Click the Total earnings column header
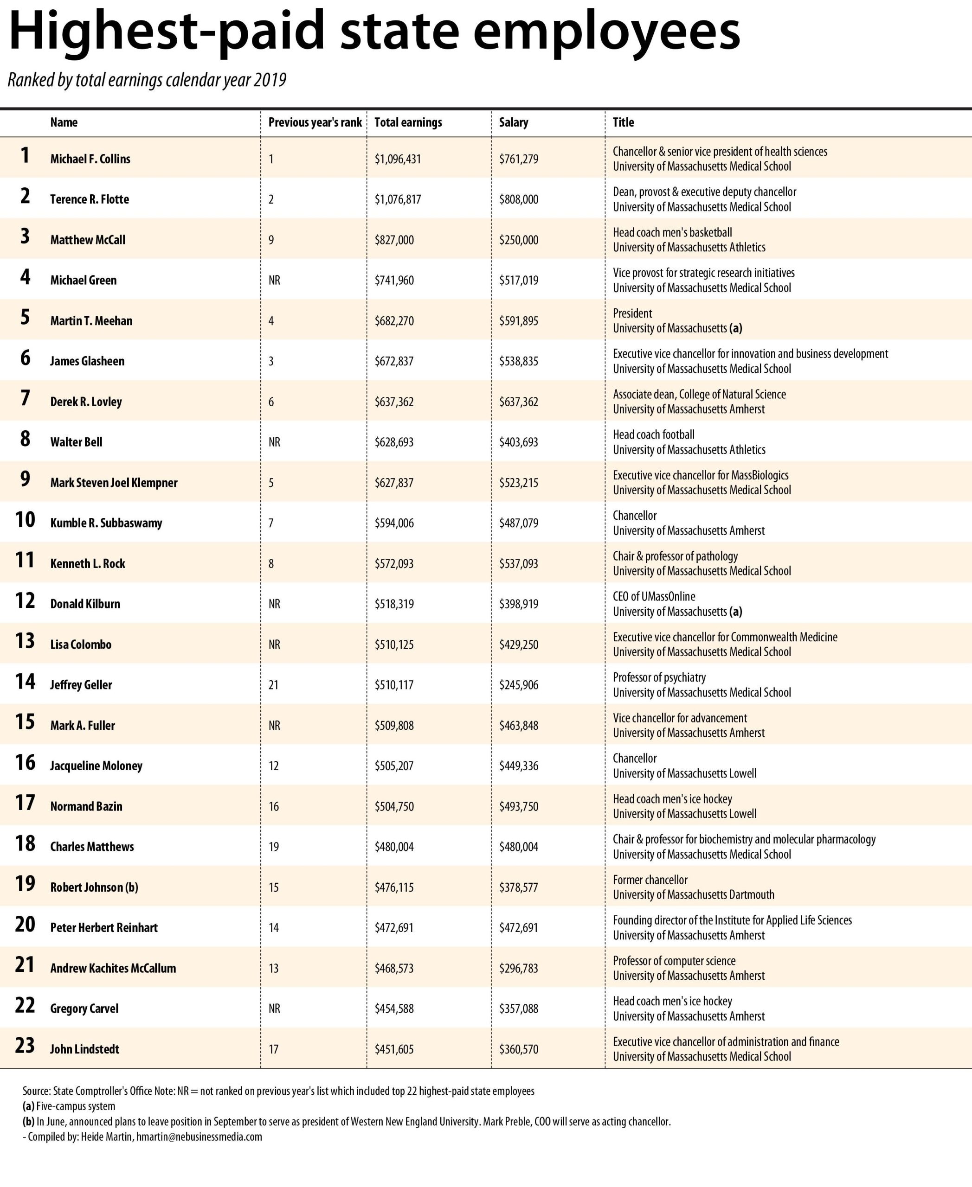pyautogui.click(x=408, y=122)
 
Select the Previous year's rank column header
pyautogui.click(x=315, y=122)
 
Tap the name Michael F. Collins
pyautogui.click(x=90, y=159)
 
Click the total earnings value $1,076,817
pyautogui.click(x=398, y=199)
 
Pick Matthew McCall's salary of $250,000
pyautogui.click(x=518, y=240)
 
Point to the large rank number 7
pyautogui.click(x=25, y=398)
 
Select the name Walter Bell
pyautogui.click(x=76, y=442)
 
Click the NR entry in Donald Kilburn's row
pyautogui.click(x=274, y=604)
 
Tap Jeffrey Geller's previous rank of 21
pyautogui.click(x=273, y=685)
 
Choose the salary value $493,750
pyautogui.click(x=518, y=806)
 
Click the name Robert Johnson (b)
pyautogui.click(x=94, y=887)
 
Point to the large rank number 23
pyautogui.click(x=25, y=1046)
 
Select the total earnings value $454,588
pyautogui.click(x=394, y=1008)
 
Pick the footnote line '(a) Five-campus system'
pyautogui.click(x=69, y=1106)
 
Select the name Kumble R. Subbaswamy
pyautogui.click(x=106, y=523)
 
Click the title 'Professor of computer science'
pyautogui.click(x=674, y=961)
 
